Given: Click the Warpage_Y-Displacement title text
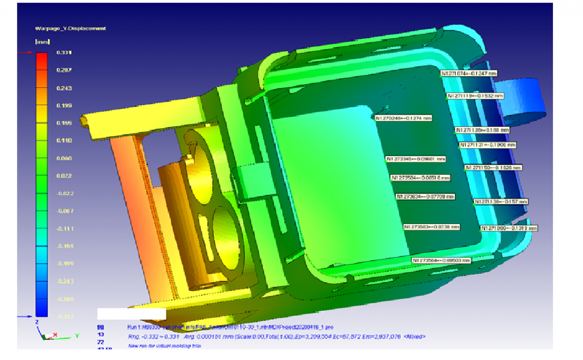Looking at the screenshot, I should (70, 28).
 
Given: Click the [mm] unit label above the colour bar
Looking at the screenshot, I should (39, 42).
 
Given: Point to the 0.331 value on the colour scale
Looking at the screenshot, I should (64, 52).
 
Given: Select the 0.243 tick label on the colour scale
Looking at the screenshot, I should (64, 88).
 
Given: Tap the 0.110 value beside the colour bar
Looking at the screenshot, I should (64, 140).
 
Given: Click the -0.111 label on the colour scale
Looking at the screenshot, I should (64, 229).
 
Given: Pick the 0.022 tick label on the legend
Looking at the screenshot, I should (64, 176).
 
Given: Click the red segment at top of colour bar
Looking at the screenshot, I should (41, 61).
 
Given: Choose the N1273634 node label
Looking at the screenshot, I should (426, 196).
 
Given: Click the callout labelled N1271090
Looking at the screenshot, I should (509, 228).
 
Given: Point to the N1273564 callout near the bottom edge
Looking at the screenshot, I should (442, 261).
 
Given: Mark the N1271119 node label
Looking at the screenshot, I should (475, 96).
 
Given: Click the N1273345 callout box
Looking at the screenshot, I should (416, 159).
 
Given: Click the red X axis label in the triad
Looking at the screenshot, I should (54, 335).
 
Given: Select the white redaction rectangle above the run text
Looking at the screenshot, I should (132, 313).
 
